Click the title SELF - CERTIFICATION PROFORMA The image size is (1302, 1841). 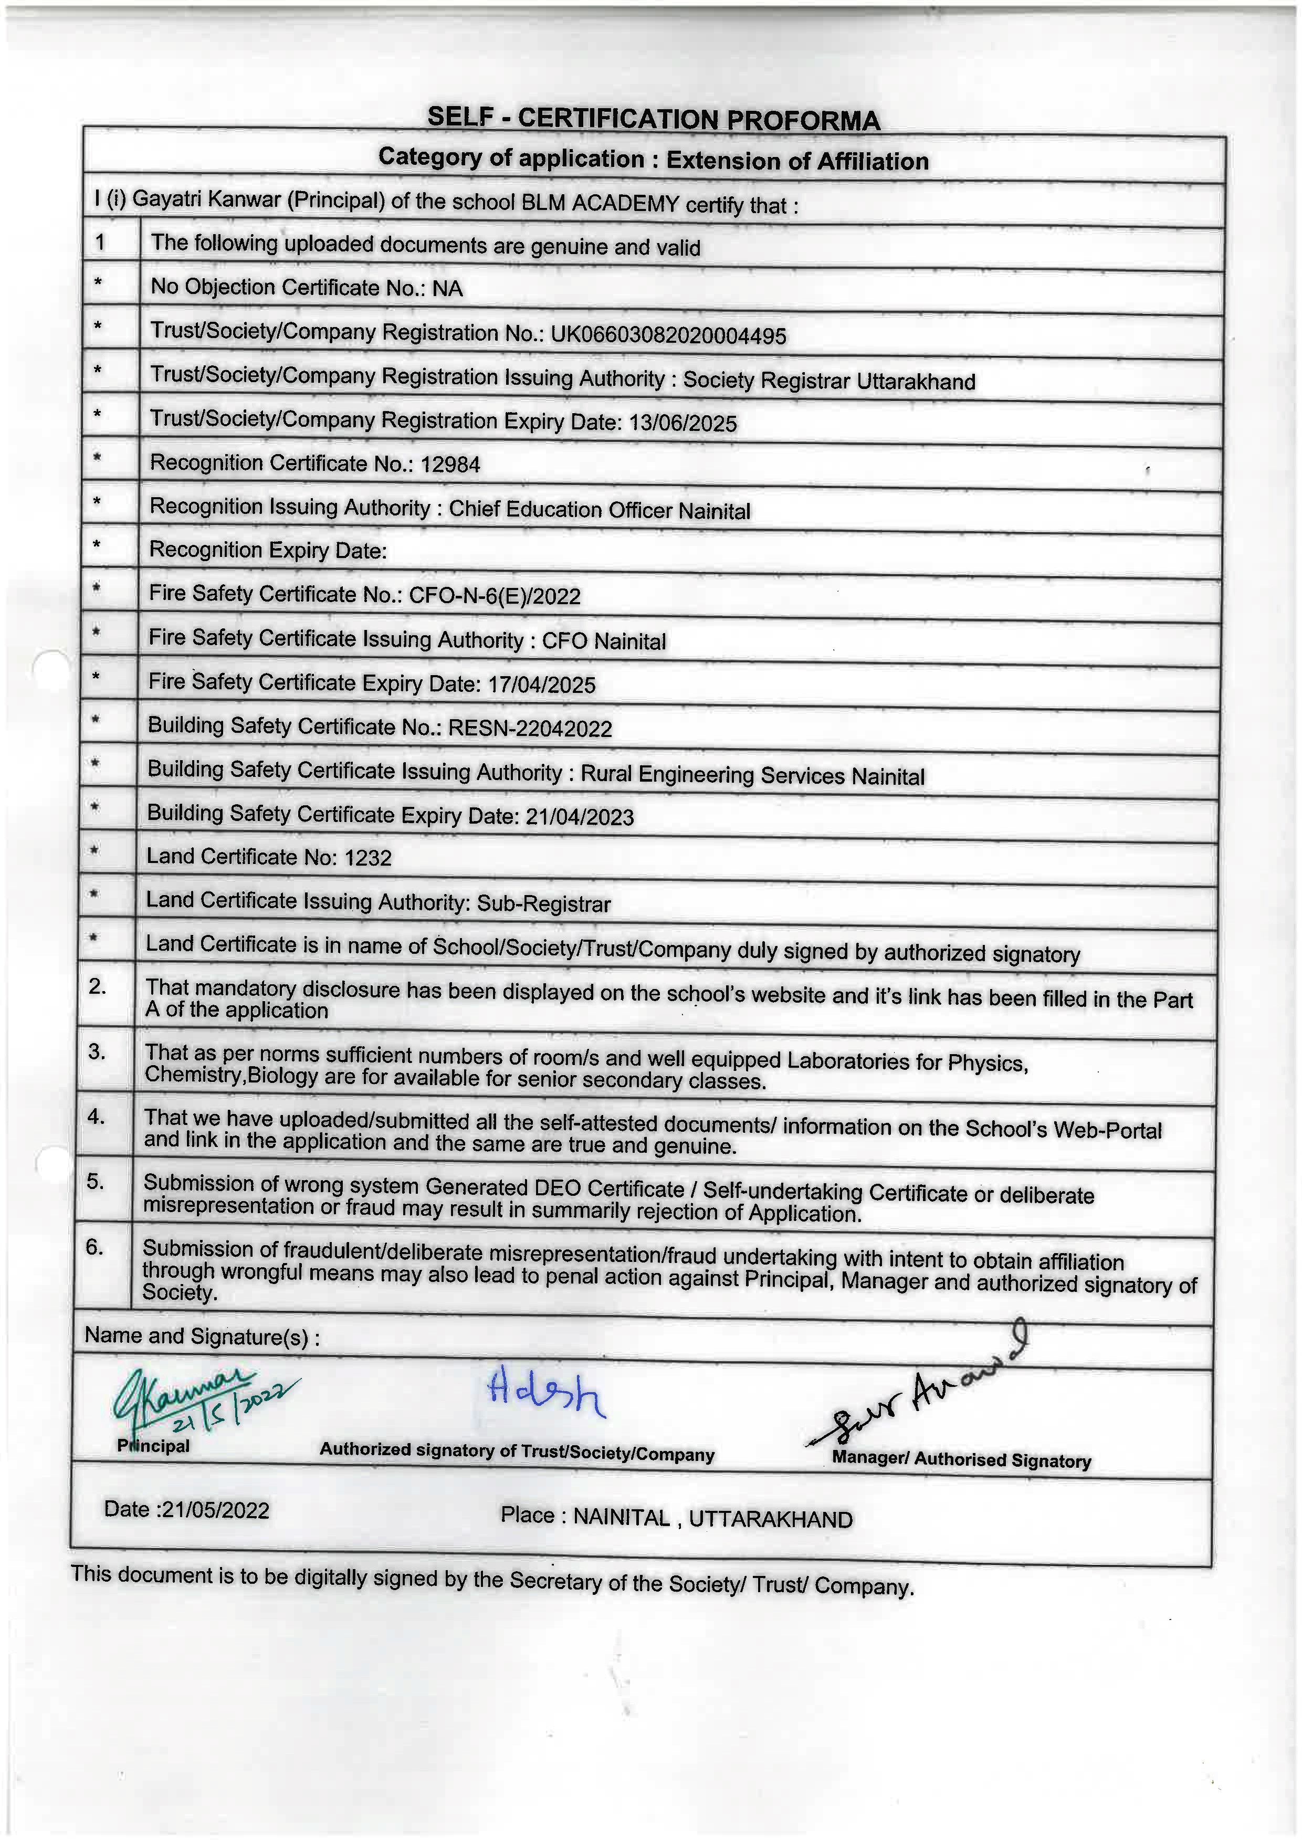[654, 119]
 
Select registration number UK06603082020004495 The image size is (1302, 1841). [668, 335]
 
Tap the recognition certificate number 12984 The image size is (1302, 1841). [450, 464]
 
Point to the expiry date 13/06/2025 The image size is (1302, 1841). [682, 423]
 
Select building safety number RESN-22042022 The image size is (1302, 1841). [530, 728]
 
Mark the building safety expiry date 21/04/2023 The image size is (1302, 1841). [580, 816]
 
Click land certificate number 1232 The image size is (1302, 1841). [368, 858]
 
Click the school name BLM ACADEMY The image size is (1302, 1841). [600, 203]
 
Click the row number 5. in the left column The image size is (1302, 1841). [96, 1181]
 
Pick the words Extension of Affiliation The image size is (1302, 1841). [797, 161]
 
